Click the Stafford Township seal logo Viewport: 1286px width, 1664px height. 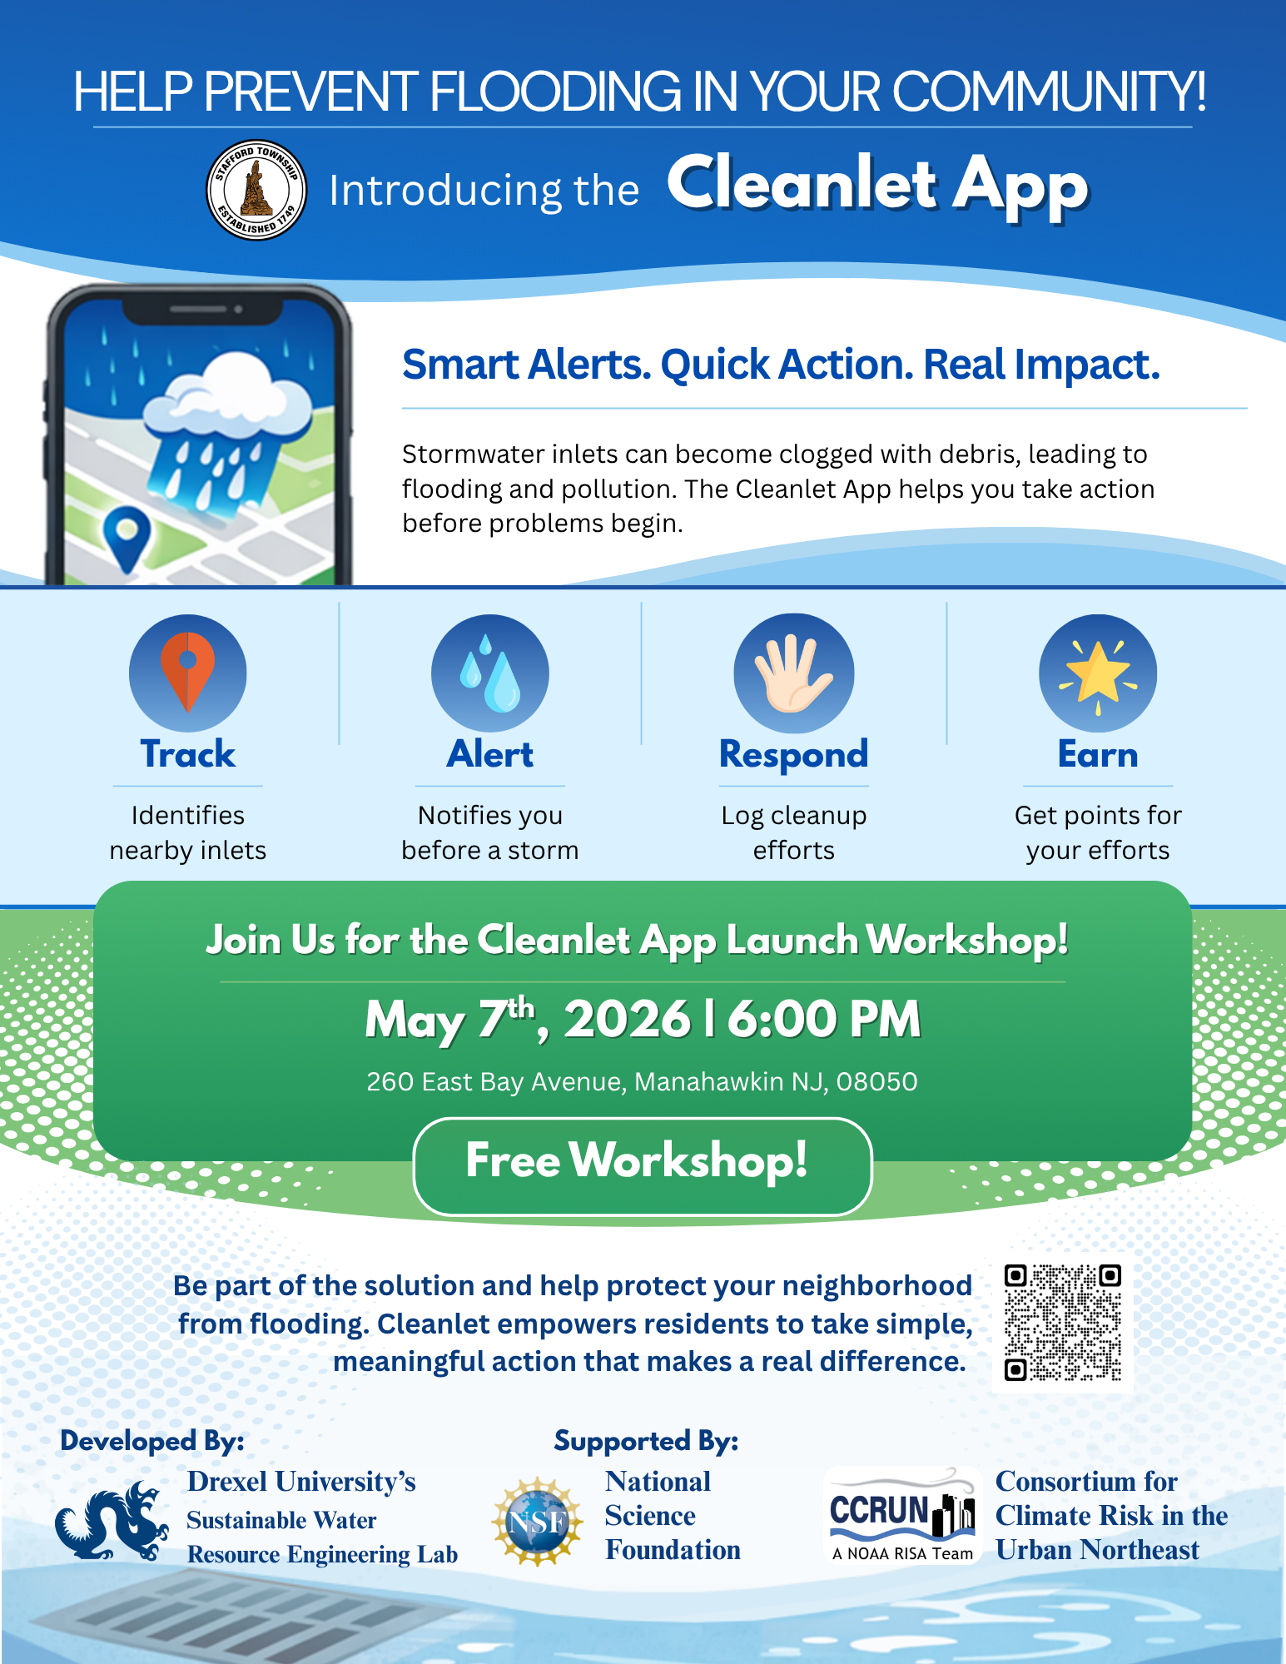[x=256, y=190]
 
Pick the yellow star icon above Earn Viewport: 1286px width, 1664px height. [x=1098, y=673]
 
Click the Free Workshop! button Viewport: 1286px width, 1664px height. [x=643, y=1165]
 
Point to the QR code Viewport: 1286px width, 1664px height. [x=1063, y=1322]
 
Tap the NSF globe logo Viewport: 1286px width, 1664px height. [x=538, y=1522]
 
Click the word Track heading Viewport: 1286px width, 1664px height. [x=188, y=754]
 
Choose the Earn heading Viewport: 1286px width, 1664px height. [x=1098, y=754]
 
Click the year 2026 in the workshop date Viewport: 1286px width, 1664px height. [x=628, y=1019]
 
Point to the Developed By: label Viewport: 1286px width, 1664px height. [x=152, y=1441]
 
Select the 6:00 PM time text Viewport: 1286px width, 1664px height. [x=824, y=1019]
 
